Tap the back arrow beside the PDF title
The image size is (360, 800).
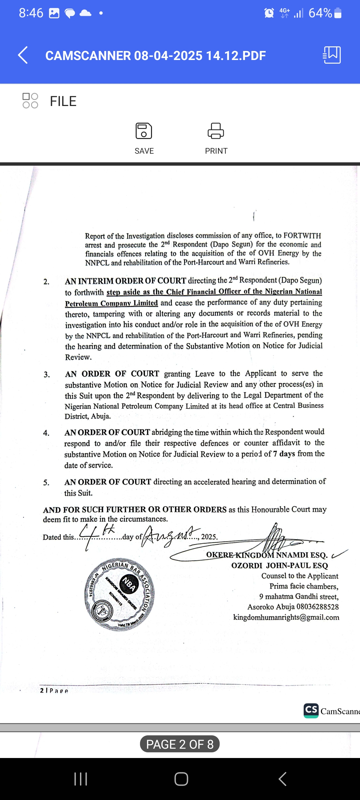[23, 55]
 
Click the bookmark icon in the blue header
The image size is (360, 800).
[332, 55]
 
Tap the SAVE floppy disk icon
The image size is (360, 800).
[144, 131]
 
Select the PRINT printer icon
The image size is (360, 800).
[216, 131]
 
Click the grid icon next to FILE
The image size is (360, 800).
[30, 101]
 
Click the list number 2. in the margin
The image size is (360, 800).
[46, 282]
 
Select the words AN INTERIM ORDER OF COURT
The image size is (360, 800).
[125, 281]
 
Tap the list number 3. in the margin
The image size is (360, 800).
[47, 375]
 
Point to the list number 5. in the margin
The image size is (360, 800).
[46, 483]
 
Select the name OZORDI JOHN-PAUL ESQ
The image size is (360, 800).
[279, 566]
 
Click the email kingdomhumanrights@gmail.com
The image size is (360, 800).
[286, 617]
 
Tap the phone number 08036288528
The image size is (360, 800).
[317, 607]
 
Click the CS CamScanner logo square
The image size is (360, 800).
[311, 710]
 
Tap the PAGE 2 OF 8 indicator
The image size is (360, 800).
[180, 744]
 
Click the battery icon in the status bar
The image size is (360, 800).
[338, 13]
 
